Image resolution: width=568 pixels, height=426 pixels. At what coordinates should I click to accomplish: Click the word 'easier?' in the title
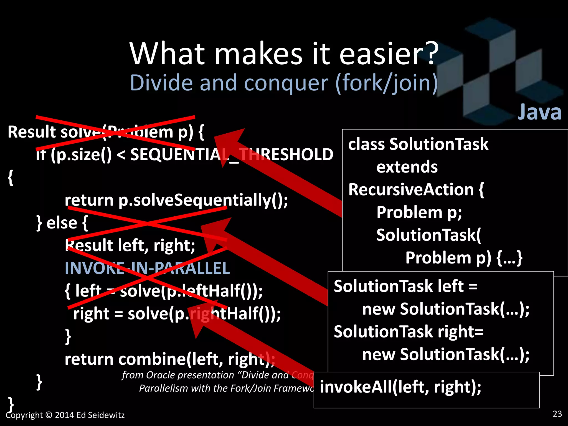[388, 54]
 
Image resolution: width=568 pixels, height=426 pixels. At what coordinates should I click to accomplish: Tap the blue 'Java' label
[539, 112]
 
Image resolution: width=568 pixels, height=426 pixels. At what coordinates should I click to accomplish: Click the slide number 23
[557, 414]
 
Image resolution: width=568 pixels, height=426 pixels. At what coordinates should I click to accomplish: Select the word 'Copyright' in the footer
[24, 415]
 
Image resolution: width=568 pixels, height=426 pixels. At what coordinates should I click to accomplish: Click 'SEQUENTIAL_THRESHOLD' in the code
[232, 154]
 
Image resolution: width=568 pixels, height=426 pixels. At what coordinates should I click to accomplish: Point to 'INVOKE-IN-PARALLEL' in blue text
[147, 268]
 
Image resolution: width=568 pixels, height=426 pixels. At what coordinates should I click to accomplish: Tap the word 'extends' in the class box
[407, 167]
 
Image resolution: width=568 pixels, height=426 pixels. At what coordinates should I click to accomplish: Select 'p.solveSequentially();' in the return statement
[203, 200]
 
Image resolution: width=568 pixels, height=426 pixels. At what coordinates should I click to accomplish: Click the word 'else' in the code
[62, 223]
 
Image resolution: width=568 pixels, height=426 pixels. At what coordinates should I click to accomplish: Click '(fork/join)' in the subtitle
[386, 83]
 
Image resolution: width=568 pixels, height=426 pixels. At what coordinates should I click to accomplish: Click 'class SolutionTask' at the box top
[418, 144]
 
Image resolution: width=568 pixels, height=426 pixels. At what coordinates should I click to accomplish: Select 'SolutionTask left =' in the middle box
[405, 286]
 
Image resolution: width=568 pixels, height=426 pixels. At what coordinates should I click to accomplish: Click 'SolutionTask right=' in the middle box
[408, 332]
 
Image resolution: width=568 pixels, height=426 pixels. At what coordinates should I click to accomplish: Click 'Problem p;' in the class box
[419, 212]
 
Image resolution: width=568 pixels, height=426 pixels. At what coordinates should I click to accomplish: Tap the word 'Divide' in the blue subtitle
[161, 83]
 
